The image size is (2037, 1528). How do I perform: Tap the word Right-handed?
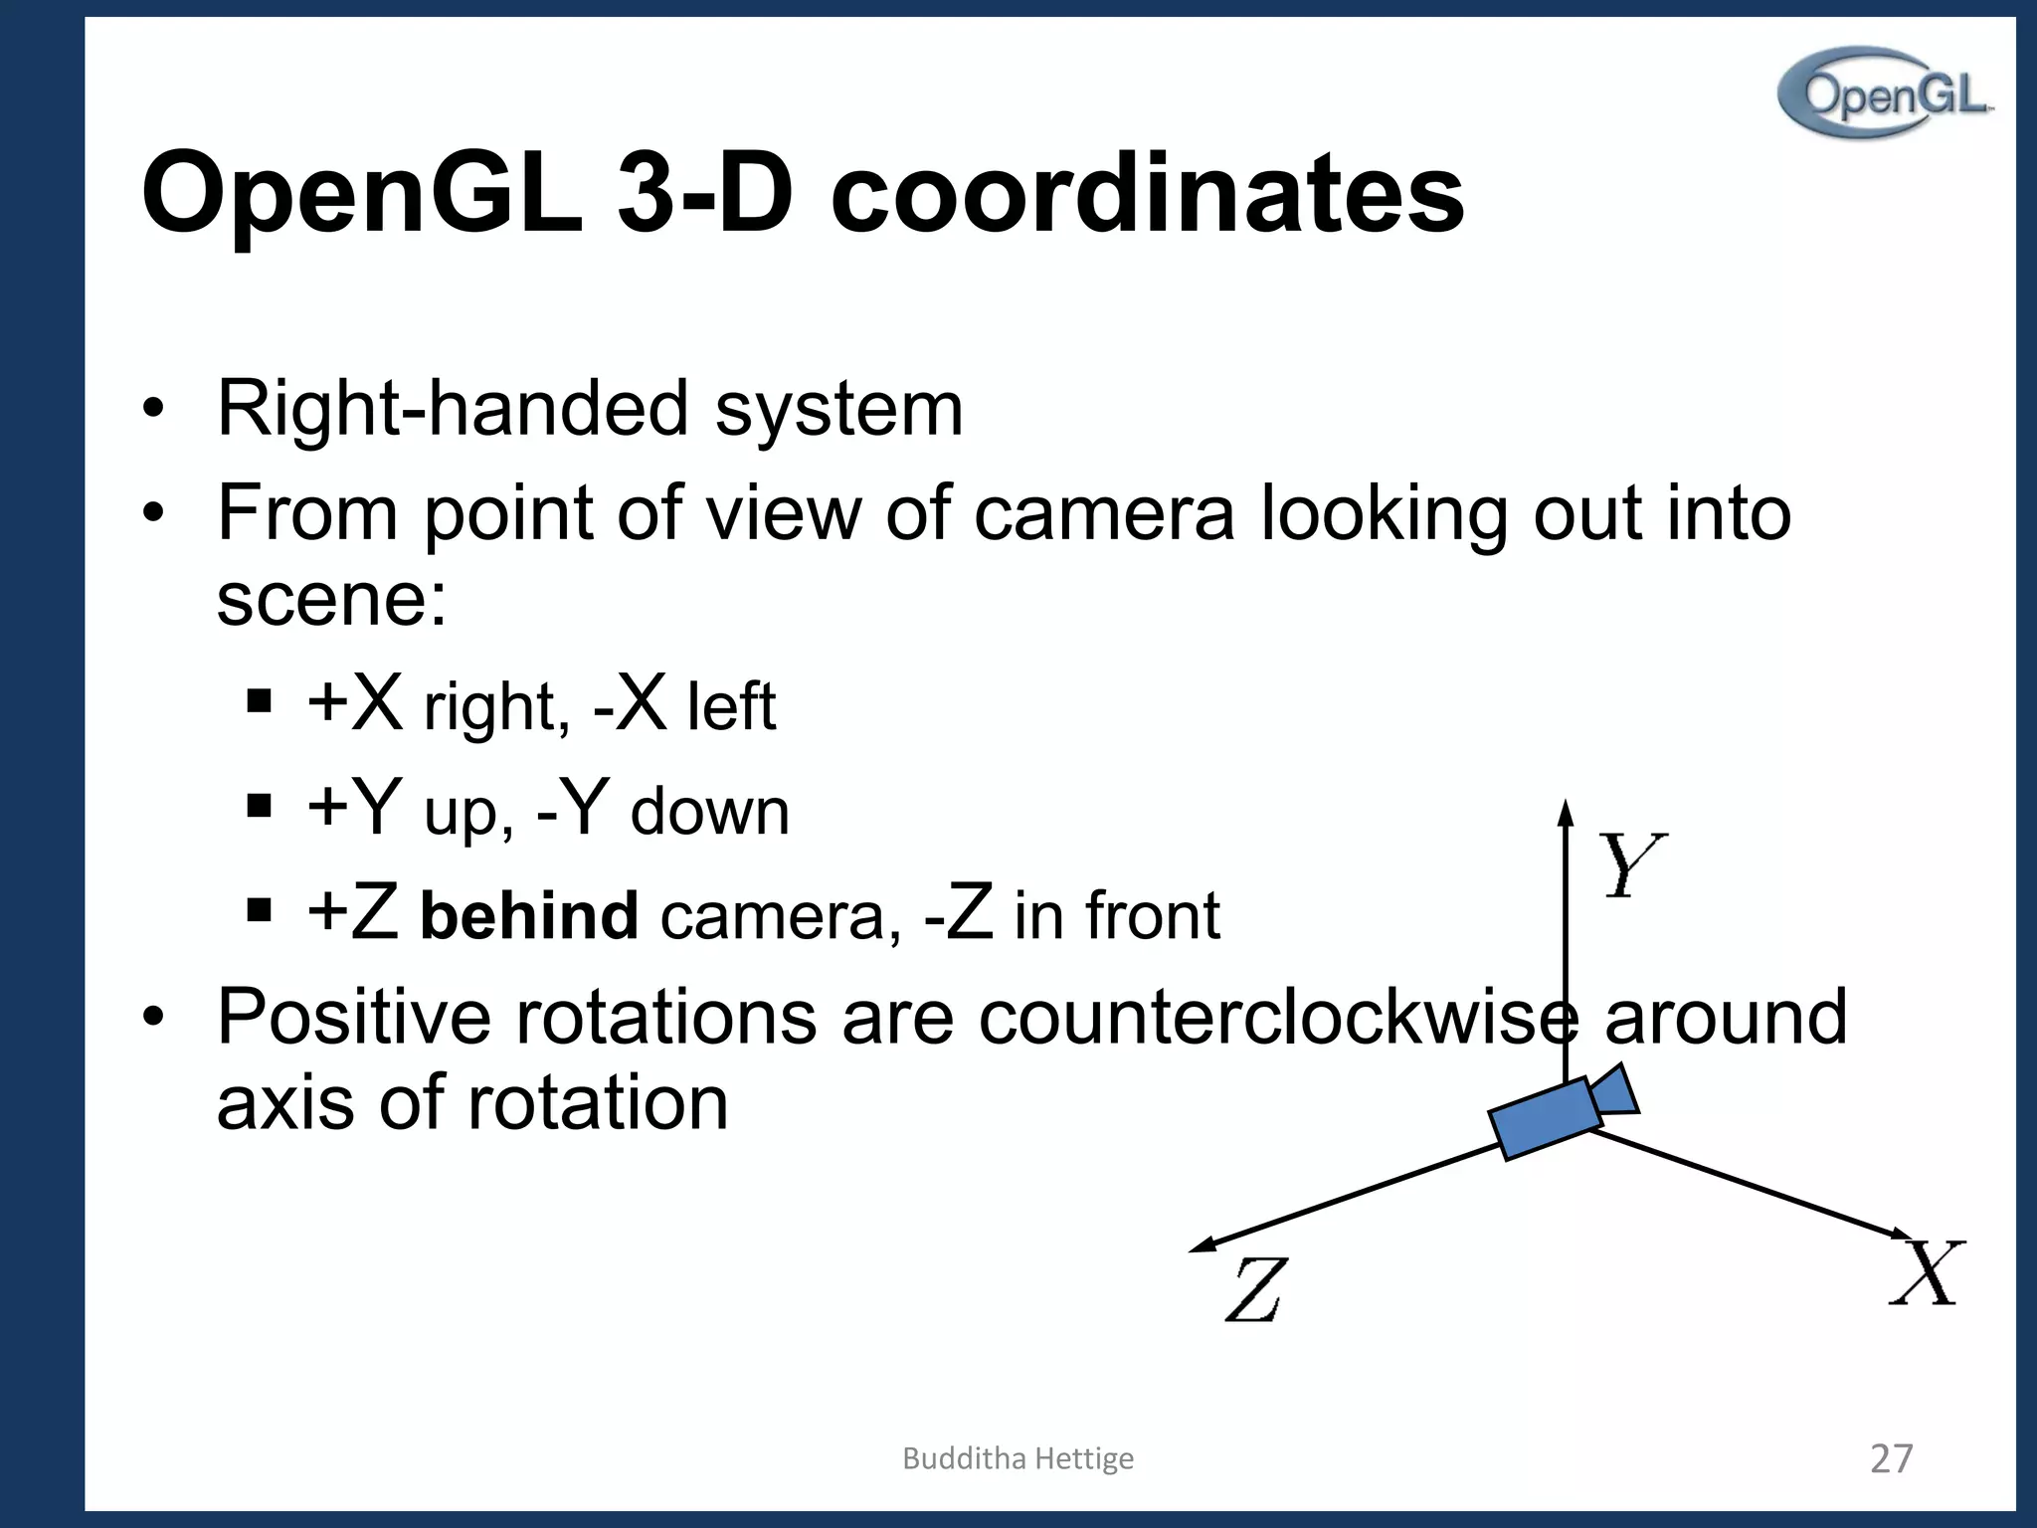click(453, 409)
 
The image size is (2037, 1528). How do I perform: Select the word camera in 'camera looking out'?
click(1104, 513)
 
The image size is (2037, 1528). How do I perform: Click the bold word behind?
click(529, 915)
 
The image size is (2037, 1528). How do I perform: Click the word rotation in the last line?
click(599, 1103)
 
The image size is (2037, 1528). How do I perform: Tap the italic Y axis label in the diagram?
click(1630, 864)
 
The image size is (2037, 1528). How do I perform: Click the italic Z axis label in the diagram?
click(1255, 1289)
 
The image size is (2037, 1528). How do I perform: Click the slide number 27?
click(1891, 1458)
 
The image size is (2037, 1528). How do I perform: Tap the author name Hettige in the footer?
click(1084, 1458)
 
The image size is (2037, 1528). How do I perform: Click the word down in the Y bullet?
click(710, 812)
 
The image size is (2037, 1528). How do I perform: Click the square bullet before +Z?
click(259, 909)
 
